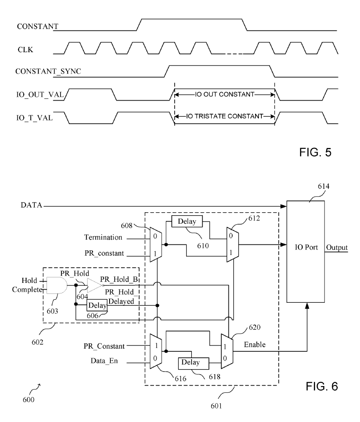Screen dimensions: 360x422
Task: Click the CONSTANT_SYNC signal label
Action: (x=48, y=71)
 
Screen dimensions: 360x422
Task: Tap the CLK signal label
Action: (x=25, y=50)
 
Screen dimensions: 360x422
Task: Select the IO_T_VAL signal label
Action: (x=34, y=118)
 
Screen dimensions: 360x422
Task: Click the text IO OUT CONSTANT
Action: (x=225, y=94)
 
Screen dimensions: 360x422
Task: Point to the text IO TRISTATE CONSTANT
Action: (x=225, y=116)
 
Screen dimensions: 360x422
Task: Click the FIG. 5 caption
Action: (x=315, y=152)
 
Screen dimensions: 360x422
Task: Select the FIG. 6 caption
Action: (x=322, y=386)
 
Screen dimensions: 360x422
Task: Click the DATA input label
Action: (x=31, y=206)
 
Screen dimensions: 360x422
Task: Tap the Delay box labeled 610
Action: (x=187, y=221)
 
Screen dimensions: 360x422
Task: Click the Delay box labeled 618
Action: (x=193, y=363)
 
